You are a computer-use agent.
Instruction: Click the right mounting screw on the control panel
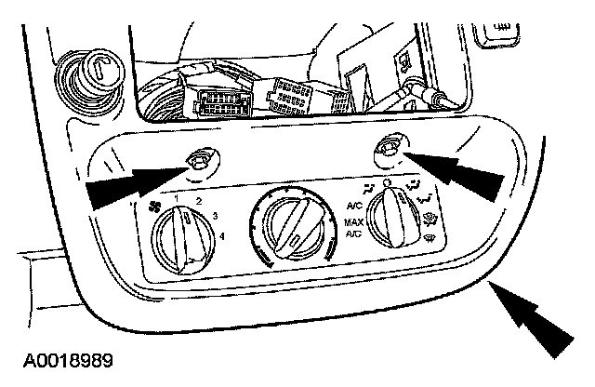(x=388, y=147)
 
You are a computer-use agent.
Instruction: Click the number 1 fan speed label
(x=177, y=198)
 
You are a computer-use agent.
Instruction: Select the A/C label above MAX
(x=355, y=206)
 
